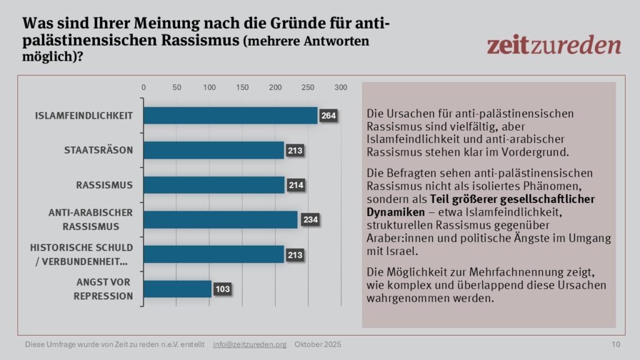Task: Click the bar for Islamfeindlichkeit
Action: (230, 116)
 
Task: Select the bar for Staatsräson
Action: (213, 150)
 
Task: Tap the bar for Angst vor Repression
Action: (177, 289)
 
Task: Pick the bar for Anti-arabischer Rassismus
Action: (220, 219)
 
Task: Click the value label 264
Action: (329, 116)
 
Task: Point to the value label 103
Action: (223, 289)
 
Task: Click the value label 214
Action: (296, 185)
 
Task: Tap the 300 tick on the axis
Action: (341, 87)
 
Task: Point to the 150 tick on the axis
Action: (242, 87)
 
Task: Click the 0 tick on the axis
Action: (144, 87)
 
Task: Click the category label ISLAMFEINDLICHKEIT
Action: (84, 116)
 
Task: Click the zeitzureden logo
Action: (554, 45)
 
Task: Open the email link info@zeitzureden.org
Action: (249, 344)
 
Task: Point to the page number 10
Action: (616, 344)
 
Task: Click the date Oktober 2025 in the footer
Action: (318, 344)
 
